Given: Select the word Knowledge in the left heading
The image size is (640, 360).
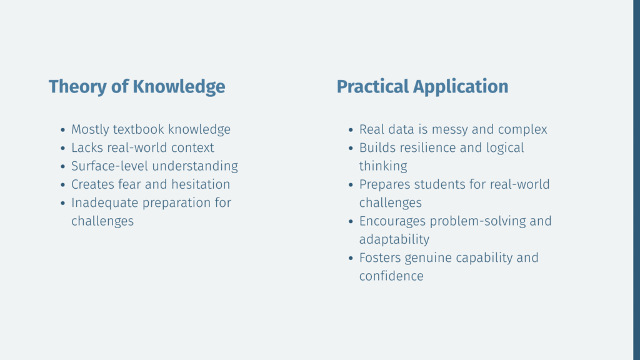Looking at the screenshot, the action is pyautogui.click(x=179, y=86).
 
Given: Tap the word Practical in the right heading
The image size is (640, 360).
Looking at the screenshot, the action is pyautogui.click(x=372, y=86).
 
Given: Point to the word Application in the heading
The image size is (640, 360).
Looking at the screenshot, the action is pyautogui.click(x=461, y=87).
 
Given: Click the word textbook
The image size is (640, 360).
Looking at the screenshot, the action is pyautogui.click(x=138, y=129).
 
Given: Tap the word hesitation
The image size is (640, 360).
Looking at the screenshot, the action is pyautogui.click(x=201, y=184).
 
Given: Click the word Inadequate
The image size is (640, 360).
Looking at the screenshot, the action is pyautogui.click(x=104, y=203).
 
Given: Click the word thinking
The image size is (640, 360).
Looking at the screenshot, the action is pyautogui.click(x=383, y=167).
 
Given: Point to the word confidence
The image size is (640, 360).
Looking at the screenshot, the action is pyautogui.click(x=391, y=276).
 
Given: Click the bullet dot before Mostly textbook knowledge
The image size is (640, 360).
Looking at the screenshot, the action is pyautogui.click(x=63, y=130).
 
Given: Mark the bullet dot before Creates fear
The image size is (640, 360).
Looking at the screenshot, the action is pyautogui.click(x=63, y=185).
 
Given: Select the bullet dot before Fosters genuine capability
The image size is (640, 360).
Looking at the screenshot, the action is pyautogui.click(x=351, y=259).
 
